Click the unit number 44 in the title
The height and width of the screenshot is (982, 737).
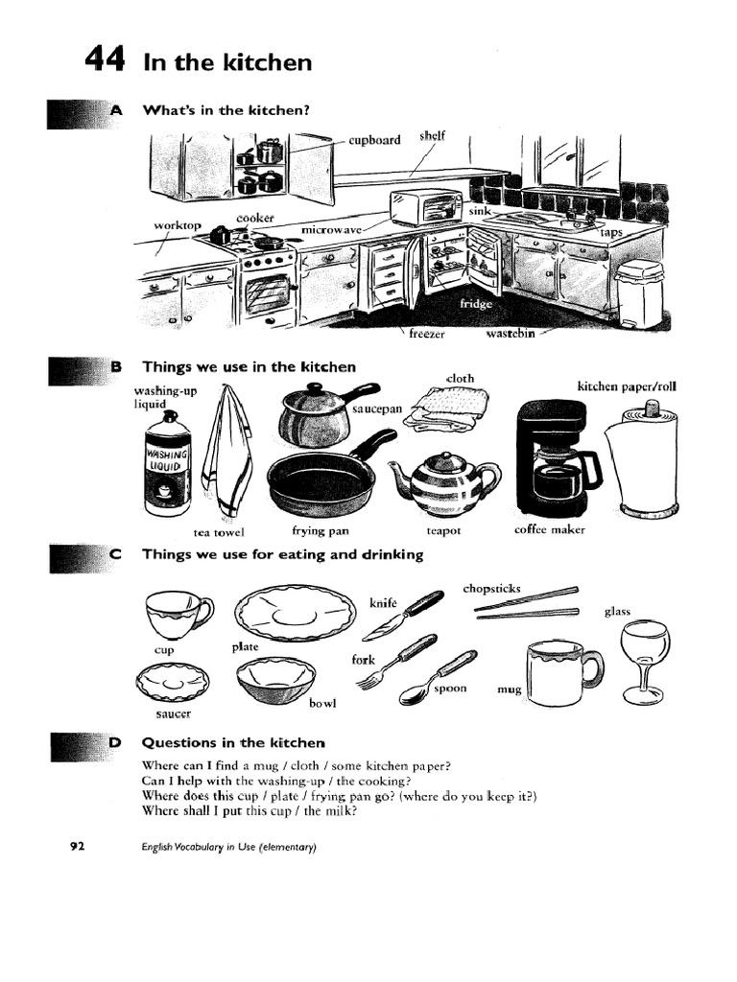[x=105, y=60]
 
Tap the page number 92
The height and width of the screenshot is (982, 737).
[x=78, y=846]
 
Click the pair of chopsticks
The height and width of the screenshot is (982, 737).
[x=528, y=603]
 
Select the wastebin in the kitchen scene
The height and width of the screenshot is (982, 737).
[x=639, y=292]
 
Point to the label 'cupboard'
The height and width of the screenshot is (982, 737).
[x=374, y=140]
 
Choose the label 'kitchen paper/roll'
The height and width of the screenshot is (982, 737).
[x=626, y=387]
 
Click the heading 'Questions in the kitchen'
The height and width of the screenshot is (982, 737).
[x=233, y=742]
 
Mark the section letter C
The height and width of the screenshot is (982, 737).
[x=116, y=554]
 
